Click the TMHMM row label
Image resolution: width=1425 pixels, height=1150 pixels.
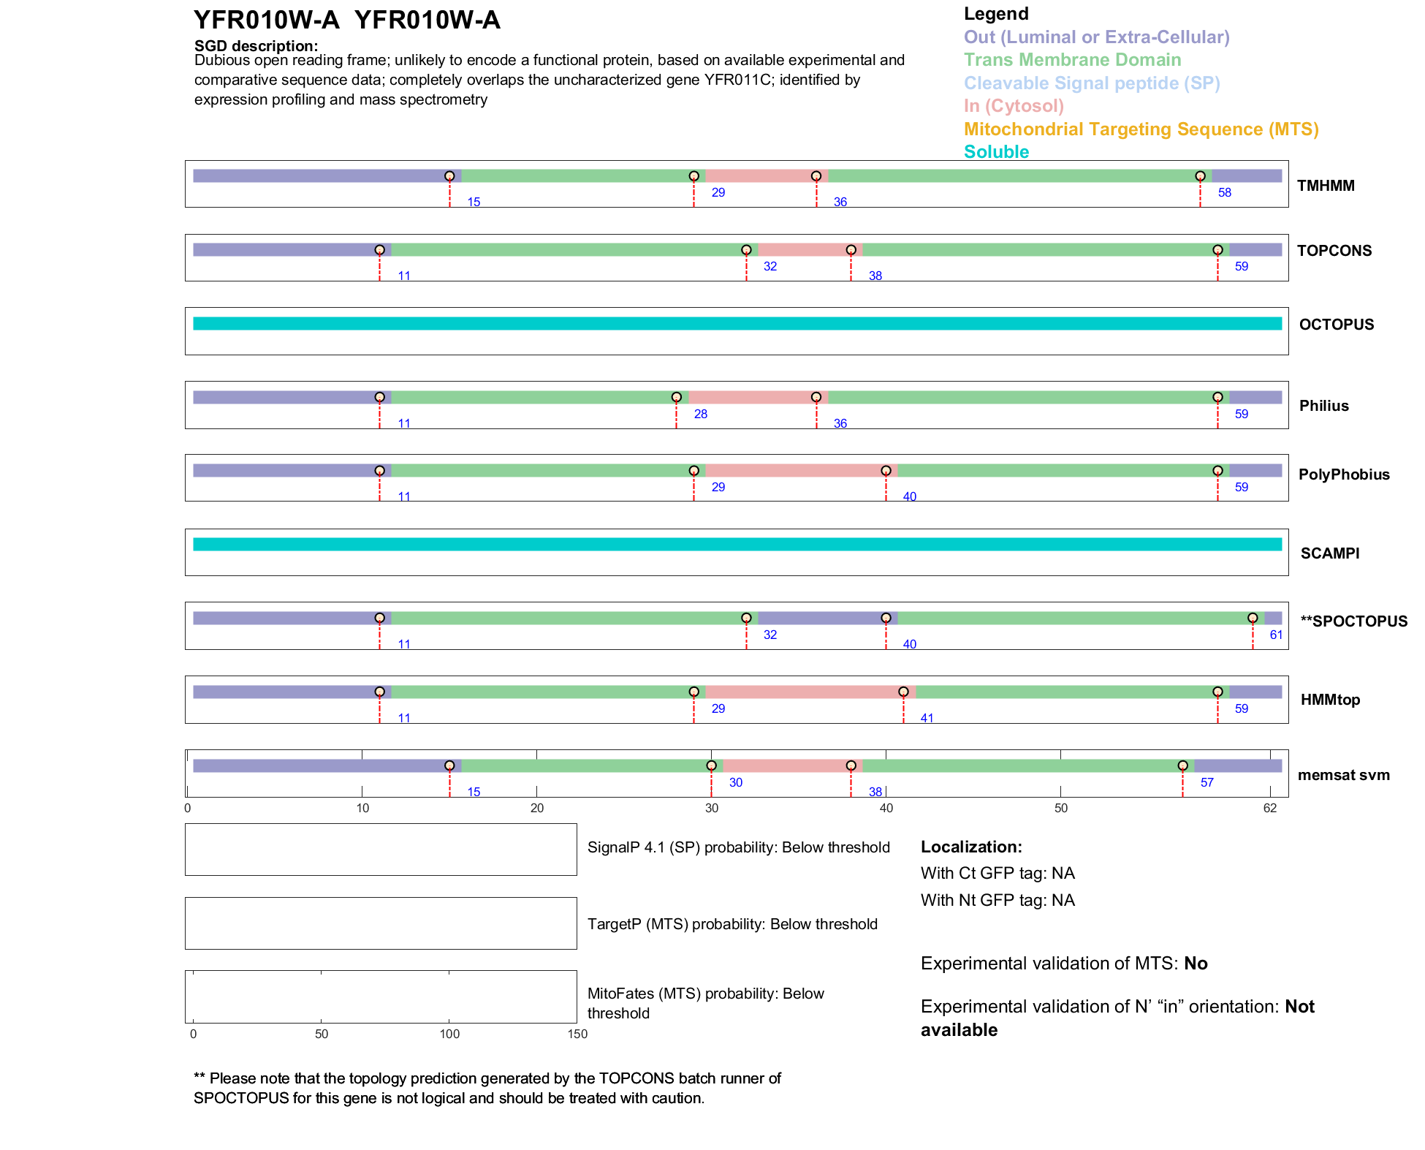point(1325,186)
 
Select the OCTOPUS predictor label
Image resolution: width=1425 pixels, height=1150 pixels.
point(1336,325)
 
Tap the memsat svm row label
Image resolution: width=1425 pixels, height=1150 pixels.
point(1343,775)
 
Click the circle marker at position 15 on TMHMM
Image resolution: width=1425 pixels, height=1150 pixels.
point(449,176)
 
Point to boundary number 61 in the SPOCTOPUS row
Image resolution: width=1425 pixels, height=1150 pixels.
point(1276,635)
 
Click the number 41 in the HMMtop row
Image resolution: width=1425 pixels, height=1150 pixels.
point(927,718)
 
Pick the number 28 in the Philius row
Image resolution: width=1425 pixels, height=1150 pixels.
point(700,414)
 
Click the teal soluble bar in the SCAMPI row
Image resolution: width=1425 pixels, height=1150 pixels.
point(737,544)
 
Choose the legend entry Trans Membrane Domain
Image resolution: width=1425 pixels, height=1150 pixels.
point(1072,60)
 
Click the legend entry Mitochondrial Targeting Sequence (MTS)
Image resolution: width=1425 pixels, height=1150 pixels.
point(1141,129)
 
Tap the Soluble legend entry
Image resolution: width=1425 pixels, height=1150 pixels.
point(996,152)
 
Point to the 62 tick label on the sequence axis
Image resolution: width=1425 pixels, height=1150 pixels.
point(1269,808)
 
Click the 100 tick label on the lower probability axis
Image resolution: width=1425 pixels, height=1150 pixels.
point(449,1034)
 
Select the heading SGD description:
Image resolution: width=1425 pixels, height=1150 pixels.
point(256,46)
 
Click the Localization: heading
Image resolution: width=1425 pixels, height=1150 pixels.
point(970,847)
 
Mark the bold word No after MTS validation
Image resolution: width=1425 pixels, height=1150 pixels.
point(1196,964)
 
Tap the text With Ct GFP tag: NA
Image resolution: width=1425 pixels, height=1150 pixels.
point(997,874)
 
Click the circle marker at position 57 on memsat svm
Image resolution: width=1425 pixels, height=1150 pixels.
point(1182,765)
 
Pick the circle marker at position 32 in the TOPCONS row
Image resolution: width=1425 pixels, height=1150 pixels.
point(746,250)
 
